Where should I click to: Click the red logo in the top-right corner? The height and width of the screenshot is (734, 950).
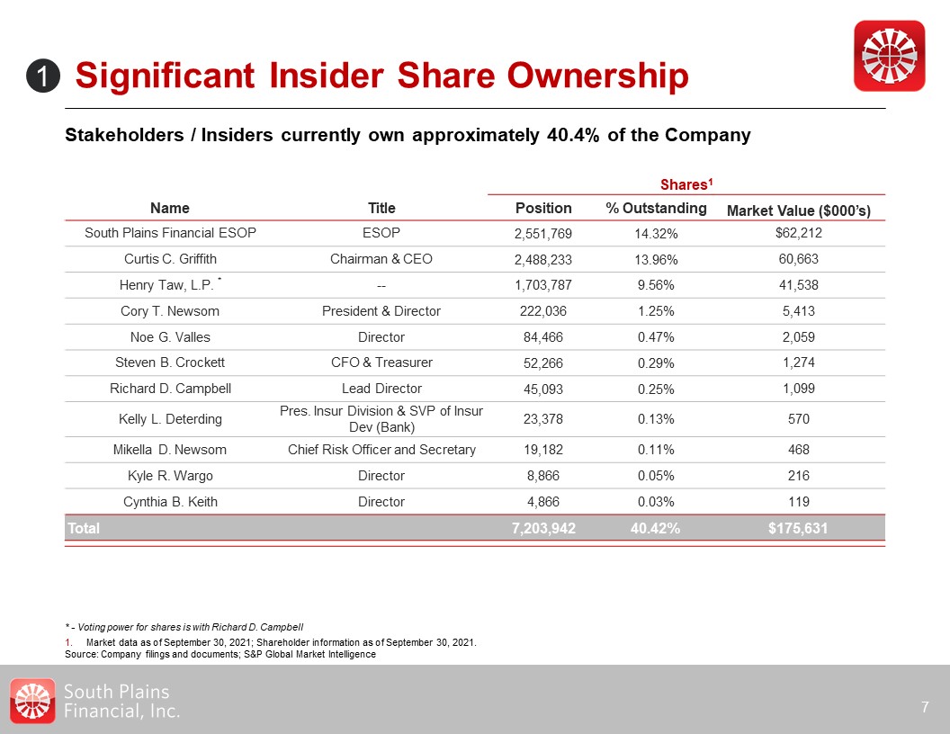pos(888,55)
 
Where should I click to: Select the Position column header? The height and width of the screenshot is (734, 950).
pos(542,208)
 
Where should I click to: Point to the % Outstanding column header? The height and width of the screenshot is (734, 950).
pos(656,208)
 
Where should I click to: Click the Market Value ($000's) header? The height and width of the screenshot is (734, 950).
pos(804,210)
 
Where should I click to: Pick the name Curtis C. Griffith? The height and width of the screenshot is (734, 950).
pos(170,259)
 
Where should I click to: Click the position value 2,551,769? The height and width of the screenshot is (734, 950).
pos(542,234)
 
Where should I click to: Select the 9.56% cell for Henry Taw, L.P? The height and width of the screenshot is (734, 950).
pos(656,286)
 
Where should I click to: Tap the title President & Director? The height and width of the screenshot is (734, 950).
pos(381,311)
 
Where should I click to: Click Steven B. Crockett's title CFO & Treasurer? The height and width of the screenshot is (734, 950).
pos(381,363)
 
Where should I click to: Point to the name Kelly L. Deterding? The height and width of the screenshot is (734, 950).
pos(170,419)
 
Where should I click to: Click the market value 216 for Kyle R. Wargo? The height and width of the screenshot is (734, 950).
pos(797,476)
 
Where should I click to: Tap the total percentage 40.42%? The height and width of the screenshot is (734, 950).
pos(656,529)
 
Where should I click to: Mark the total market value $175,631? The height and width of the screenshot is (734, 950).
pos(797,529)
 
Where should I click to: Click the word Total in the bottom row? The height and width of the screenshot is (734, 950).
pos(83,529)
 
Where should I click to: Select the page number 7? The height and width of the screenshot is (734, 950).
pos(925,708)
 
